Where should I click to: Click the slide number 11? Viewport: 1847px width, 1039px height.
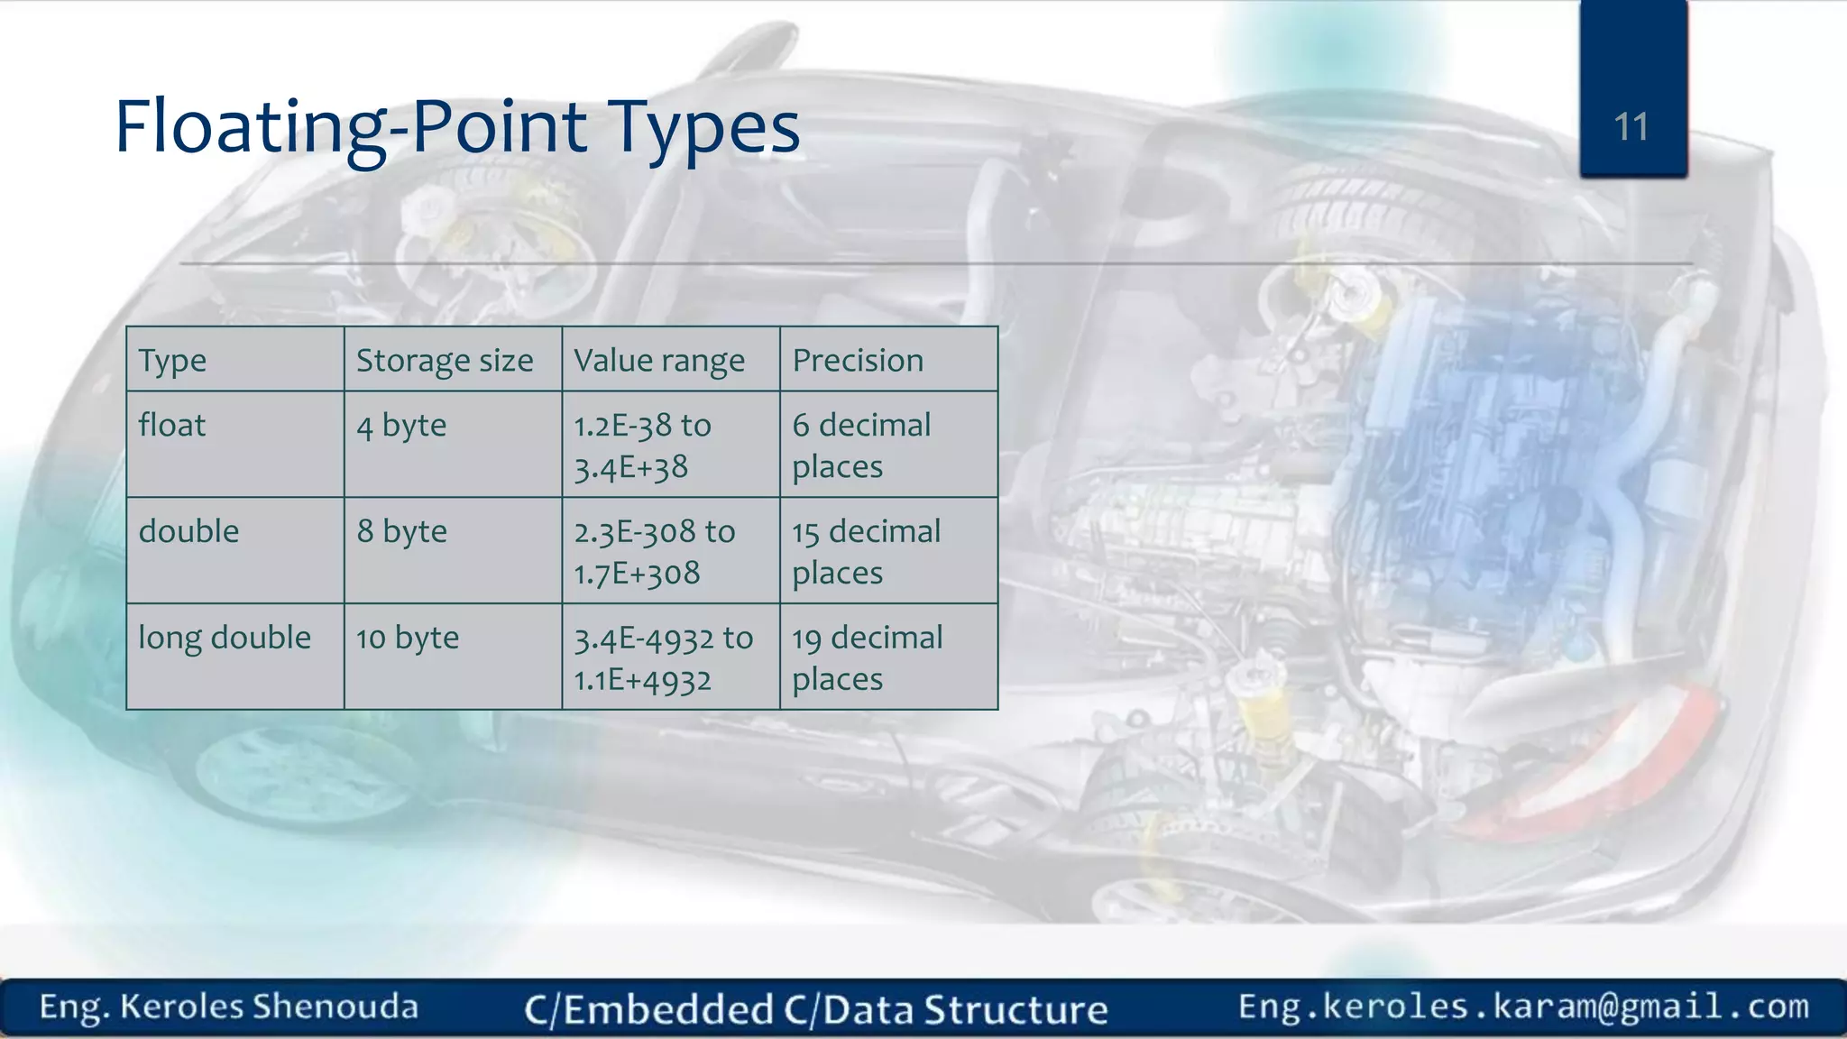1631,127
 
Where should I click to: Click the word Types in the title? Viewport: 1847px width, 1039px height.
703,127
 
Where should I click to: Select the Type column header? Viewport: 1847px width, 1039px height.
172,361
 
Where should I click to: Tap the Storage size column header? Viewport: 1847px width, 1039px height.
445,361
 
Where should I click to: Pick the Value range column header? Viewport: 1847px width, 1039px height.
659,361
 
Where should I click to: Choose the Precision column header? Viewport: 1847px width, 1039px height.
858,361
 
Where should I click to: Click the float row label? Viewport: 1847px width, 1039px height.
172,425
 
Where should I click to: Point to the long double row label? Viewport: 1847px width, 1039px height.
225,638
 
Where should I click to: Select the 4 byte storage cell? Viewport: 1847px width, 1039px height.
401,425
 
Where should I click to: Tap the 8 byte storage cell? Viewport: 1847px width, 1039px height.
401,531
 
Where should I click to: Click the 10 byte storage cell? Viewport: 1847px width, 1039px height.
408,638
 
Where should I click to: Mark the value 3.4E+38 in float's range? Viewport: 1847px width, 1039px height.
631,468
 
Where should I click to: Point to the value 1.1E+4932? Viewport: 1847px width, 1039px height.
643,680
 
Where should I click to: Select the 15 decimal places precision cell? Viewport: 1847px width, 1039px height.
866,551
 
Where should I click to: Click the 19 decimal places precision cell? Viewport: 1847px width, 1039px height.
866,657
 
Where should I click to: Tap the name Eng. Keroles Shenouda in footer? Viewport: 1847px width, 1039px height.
229,1007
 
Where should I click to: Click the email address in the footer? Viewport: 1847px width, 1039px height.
1523,1007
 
